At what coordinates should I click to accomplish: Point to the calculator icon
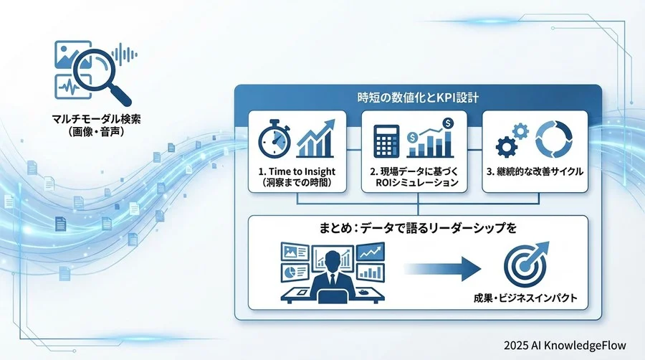click(x=387, y=140)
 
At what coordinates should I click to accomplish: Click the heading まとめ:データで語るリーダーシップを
click(x=417, y=229)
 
